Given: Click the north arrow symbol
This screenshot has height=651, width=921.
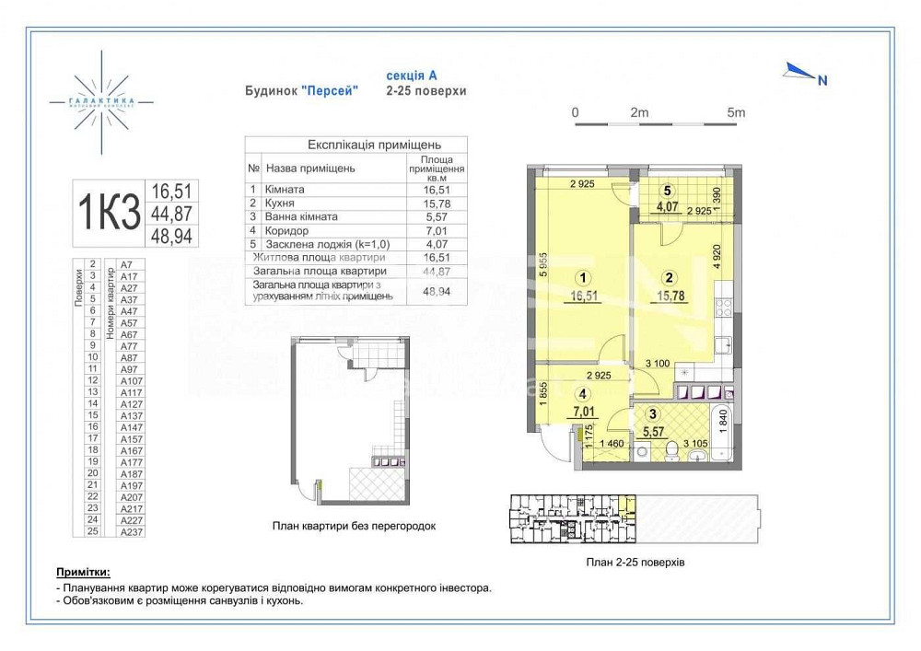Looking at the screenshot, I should point(799,72).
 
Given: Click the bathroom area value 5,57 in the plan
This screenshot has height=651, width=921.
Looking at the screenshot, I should point(653,430).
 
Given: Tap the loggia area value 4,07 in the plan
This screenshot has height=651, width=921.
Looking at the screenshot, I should point(666,206).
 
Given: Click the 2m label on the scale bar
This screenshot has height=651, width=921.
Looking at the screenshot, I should point(638,112).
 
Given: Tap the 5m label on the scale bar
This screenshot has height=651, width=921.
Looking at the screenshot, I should point(735,112).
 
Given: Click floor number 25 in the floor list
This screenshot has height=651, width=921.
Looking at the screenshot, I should point(92,531).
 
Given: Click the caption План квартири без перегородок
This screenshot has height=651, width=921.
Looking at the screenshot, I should point(354,526).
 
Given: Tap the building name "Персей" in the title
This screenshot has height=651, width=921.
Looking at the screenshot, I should point(330,91).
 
